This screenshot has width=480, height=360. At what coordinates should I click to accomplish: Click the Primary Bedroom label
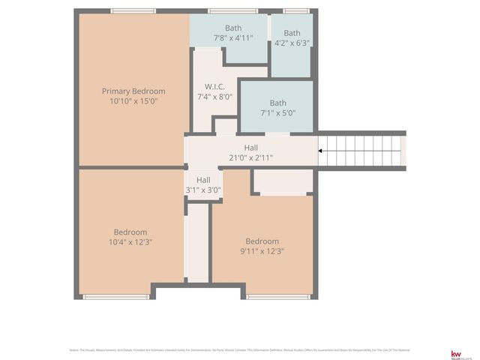tap(133, 91)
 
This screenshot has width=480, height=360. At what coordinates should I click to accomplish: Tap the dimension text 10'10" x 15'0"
tap(133, 101)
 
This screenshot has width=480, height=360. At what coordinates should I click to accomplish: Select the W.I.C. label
tap(214, 87)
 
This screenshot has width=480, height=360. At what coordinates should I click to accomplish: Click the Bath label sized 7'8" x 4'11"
tap(233, 28)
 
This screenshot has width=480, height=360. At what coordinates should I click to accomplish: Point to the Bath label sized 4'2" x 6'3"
tap(292, 33)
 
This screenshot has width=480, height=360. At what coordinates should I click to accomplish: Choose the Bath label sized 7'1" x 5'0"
tap(277, 103)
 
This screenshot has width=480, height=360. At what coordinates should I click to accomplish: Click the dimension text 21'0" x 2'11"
tap(250, 157)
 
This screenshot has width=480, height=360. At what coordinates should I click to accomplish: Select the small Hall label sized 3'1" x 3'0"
tap(203, 180)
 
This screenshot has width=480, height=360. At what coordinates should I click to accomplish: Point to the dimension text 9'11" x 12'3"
tap(262, 251)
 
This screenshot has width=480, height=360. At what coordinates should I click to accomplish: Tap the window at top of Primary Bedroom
tap(133, 11)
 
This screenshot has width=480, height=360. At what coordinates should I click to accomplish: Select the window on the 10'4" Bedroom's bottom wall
tap(116, 297)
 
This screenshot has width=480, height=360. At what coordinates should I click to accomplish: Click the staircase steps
tap(364, 151)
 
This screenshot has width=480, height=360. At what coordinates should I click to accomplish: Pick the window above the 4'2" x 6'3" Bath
tap(295, 11)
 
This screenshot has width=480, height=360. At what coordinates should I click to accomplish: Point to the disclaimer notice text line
tap(239, 350)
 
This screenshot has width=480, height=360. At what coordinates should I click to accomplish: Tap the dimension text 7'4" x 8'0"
tap(214, 97)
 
